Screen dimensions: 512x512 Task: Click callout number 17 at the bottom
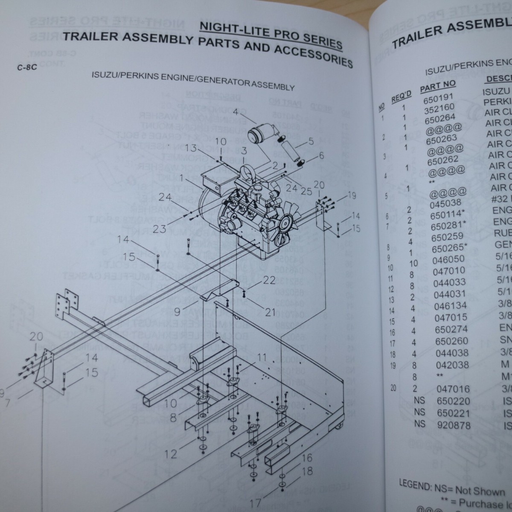(255, 503)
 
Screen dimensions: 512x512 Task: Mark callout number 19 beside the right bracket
(352, 196)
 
